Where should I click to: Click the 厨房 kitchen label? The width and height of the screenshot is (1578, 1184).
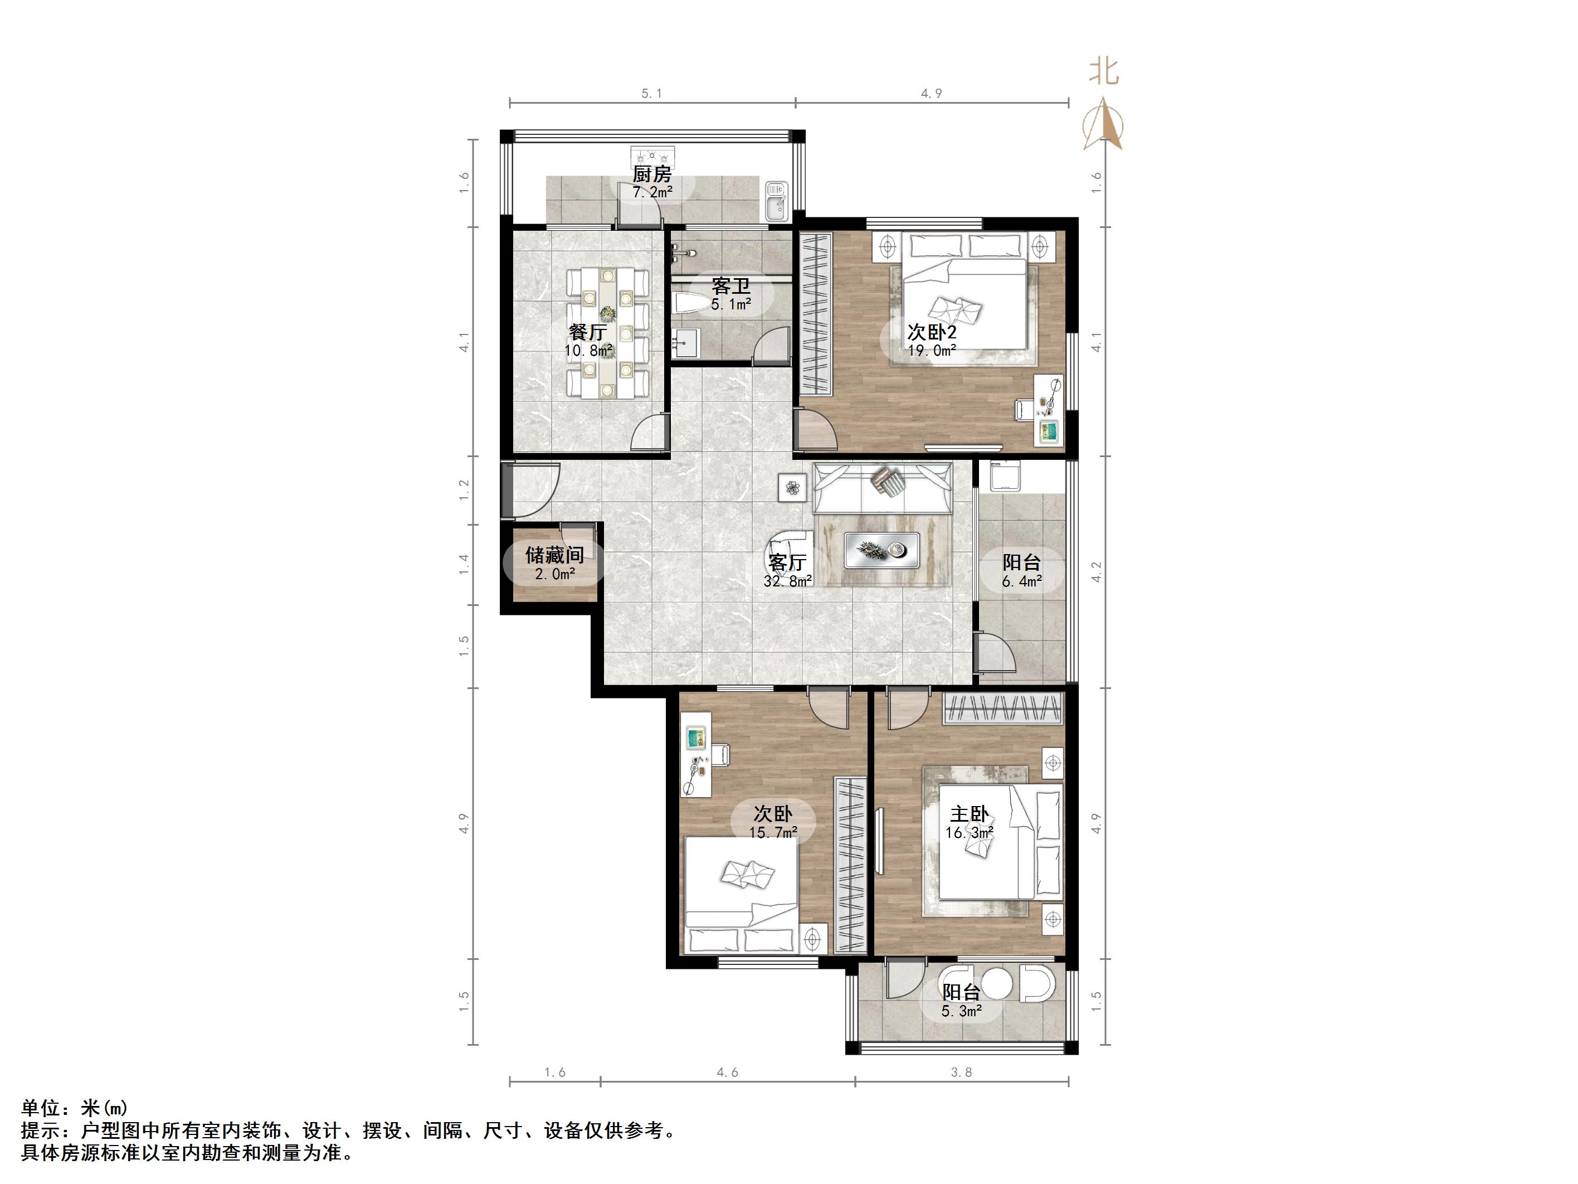pyautogui.click(x=652, y=174)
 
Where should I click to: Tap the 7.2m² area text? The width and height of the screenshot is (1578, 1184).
pyautogui.click(x=652, y=192)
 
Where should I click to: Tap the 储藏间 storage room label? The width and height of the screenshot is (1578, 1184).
pyautogui.click(x=554, y=555)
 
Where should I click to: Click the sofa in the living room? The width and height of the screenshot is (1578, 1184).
pyautogui.click(x=883, y=487)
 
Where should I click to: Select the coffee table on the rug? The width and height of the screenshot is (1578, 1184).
pyautogui.click(x=881, y=550)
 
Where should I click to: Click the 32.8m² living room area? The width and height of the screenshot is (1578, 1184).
pyautogui.click(x=787, y=581)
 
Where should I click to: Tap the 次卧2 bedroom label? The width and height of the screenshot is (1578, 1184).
pyautogui.click(x=932, y=332)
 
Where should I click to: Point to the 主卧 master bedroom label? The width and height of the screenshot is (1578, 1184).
pyautogui.click(x=970, y=814)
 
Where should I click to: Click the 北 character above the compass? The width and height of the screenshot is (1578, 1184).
pyautogui.click(x=1104, y=71)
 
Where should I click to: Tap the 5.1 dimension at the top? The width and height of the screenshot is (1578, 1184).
pyautogui.click(x=651, y=94)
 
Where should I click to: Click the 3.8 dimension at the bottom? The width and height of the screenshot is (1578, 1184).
pyautogui.click(x=962, y=1072)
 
